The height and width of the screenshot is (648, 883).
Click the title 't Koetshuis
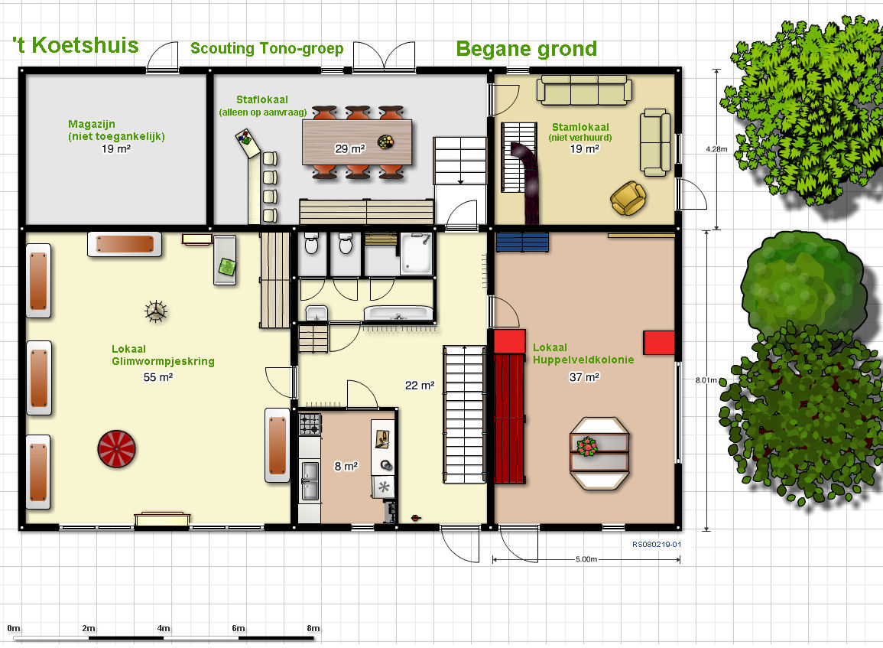pyautogui.click(x=76, y=45)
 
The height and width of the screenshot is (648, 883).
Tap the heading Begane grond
pyautogui.click(x=527, y=49)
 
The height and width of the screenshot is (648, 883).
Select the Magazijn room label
pyautogui.click(x=92, y=124)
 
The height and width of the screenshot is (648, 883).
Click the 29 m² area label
pyautogui.click(x=349, y=148)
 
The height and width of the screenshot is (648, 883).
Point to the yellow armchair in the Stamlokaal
pyautogui.click(x=628, y=198)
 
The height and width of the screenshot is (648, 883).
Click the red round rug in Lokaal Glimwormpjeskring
pyautogui.click(x=116, y=449)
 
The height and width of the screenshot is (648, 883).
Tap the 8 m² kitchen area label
pyautogui.click(x=346, y=466)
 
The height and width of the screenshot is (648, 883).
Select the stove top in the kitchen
pyautogui.click(x=310, y=425)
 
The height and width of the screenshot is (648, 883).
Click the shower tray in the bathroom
pyautogui.click(x=416, y=253)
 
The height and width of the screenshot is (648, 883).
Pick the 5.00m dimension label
pyautogui.click(x=586, y=559)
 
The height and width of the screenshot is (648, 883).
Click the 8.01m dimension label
pyautogui.click(x=706, y=380)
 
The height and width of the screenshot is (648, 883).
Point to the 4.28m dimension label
pyautogui.click(x=716, y=149)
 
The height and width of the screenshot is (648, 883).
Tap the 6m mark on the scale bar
pyautogui.click(x=239, y=627)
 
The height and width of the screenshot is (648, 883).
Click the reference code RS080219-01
pyautogui.click(x=657, y=544)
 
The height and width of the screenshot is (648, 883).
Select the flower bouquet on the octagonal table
pyautogui.click(x=587, y=446)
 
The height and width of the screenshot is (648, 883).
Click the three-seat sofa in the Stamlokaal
pyautogui.click(x=584, y=90)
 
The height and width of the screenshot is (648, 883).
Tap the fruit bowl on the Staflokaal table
pyautogui.click(x=386, y=142)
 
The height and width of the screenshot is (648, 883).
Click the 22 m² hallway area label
pyautogui.click(x=420, y=386)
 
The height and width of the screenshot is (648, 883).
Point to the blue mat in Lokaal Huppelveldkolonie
pyautogui.click(x=522, y=242)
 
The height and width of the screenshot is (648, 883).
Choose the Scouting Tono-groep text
pyautogui.click(x=267, y=48)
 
